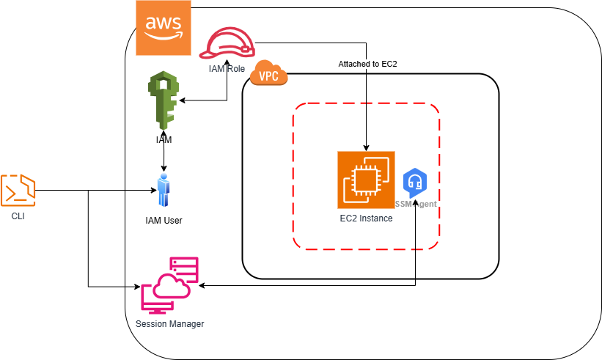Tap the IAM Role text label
226,68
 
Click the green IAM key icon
164,101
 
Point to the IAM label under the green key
164,139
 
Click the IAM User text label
164,220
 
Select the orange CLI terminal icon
18,190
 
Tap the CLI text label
18,216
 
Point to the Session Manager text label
170,323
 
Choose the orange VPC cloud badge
269,74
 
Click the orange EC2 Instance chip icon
366,180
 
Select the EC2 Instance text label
366,218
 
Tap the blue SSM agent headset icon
416,180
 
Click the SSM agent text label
416,203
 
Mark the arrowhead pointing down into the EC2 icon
366,147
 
